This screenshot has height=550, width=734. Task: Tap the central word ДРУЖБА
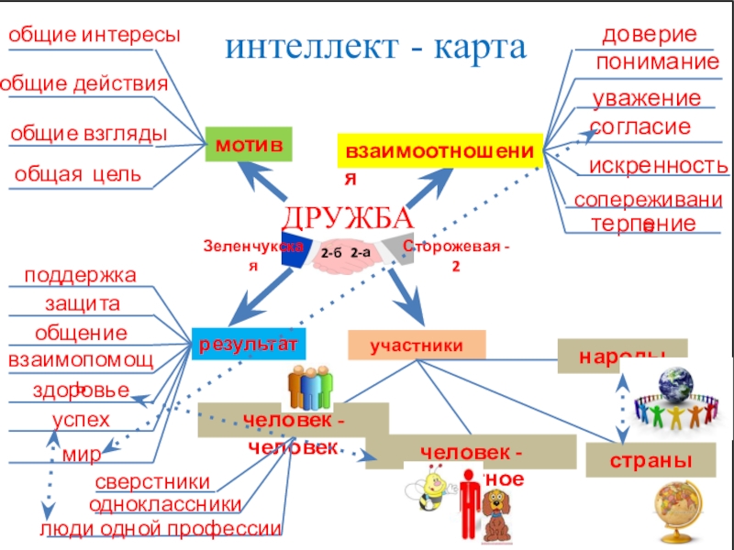[x=348, y=218]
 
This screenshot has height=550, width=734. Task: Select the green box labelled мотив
[x=249, y=146]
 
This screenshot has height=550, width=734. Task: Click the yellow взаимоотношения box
[x=440, y=148]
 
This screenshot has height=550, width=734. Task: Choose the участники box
[x=416, y=345]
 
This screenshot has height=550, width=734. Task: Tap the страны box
[x=651, y=458]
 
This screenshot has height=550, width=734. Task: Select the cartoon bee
[x=427, y=486]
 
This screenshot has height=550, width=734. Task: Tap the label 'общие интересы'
[x=94, y=36]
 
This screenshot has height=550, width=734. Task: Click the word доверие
[x=649, y=35]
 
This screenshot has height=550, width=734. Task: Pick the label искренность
[x=658, y=166]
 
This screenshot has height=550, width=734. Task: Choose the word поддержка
[x=80, y=275]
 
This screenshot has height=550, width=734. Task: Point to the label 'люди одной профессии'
[x=160, y=528]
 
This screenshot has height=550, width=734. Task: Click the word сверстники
[x=152, y=483]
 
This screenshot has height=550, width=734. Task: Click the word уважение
[x=646, y=99]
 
